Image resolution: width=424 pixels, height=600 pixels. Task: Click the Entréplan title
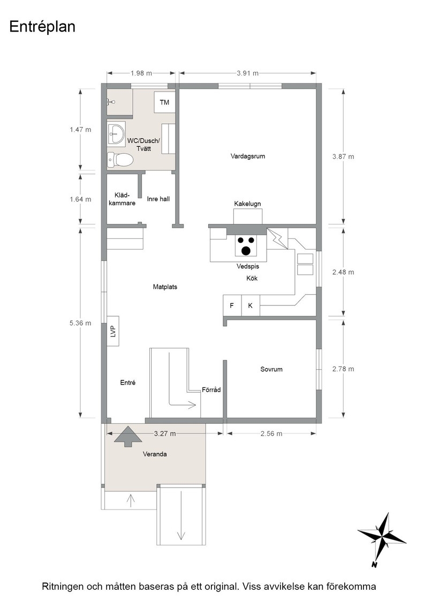coord(42,27)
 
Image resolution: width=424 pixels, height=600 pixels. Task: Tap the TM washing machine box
coord(164,102)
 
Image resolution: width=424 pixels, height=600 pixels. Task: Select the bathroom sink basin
coord(116,133)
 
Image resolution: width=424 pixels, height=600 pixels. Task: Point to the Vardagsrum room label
coord(248,156)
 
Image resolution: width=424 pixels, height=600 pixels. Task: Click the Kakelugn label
coord(247,204)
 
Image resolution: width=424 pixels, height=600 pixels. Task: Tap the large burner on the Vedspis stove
coord(246,250)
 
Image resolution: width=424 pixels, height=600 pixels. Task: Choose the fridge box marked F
coord(232,305)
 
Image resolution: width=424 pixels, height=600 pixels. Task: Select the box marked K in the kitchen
coord(251,305)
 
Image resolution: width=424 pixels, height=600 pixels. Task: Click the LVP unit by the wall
coord(113,331)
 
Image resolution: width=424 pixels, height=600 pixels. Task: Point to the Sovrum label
coord(271,369)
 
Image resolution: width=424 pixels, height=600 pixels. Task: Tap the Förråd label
coord(211,390)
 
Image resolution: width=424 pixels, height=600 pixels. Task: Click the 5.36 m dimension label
coord(80,324)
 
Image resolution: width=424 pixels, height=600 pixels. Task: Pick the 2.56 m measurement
coord(271,433)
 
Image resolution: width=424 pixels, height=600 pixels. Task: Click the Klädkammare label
coord(122,199)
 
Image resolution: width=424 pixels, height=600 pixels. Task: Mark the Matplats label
coord(165,287)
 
